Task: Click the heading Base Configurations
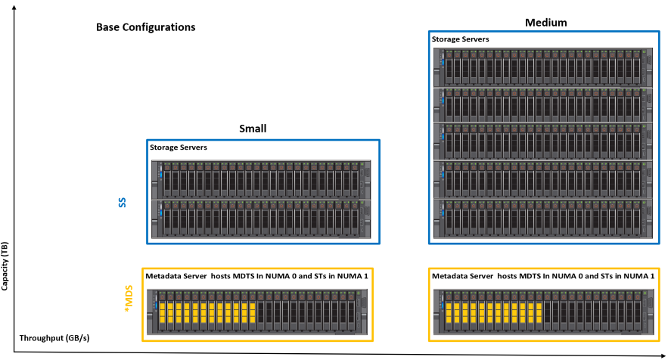[x=146, y=27]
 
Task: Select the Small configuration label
[x=253, y=129]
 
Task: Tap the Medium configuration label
[x=546, y=23]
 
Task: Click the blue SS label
[x=123, y=203]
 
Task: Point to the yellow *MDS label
[x=127, y=299]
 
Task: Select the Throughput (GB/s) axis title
[x=54, y=337]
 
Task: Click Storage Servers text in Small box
[x=179, y=147]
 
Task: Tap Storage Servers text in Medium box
[x=460, y=39]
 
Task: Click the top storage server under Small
[x=262, y=179]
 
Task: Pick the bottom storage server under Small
[x=262, y=220]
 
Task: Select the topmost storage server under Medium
[x=542, y=67]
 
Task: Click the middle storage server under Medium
[x=542, y=143]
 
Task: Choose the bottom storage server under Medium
[x=542, y=220]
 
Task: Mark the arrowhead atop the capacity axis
[x=14, y=6]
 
